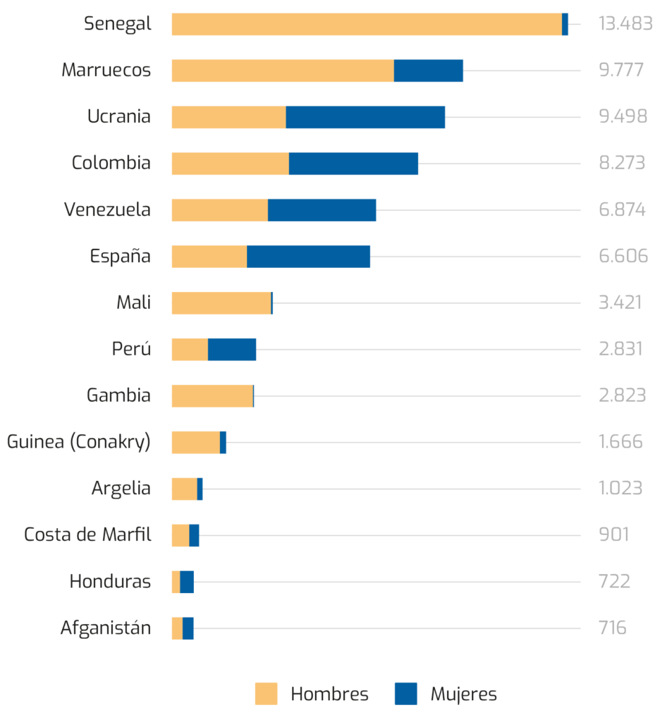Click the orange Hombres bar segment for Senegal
coord(366,24)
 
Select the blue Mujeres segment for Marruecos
coord(429,71)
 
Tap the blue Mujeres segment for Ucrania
coord(365,117)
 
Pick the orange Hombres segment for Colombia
coord(230,164)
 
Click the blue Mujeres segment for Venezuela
coord(322,210)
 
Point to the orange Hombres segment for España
coord(209,257)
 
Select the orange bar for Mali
coord(221,303)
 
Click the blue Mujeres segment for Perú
coord(232,350)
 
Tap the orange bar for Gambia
coord(212,396)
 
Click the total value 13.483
coord(625,24)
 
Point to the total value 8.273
coord(622,164)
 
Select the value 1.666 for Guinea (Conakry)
coord(620,442)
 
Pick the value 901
coord(613,535)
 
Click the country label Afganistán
coord(106,628)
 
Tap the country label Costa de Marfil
coord(87,535)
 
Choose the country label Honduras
coord(110,582)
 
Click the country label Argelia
coord(121,489)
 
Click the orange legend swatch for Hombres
coord(267,694)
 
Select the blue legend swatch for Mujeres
coord(405,694)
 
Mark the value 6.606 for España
coord(623,257)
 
